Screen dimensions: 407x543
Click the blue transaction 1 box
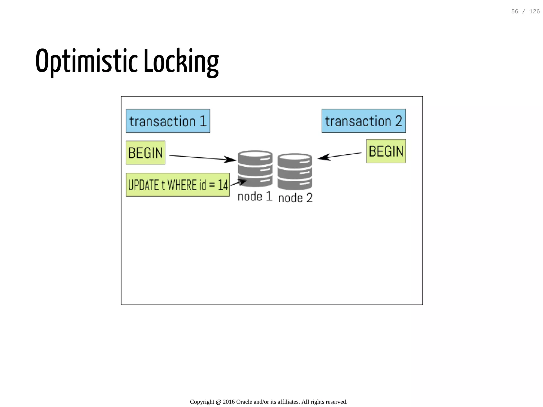(x=168, y=121)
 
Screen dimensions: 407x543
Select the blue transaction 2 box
(x=364, y=121)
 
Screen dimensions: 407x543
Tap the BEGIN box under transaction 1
(x=145, y=153)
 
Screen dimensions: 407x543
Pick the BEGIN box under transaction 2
(x=386, y=151)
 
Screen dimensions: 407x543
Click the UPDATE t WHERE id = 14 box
(x=178, y=185)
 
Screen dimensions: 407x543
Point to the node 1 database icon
(x=255, y=168)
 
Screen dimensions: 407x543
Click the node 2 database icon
(x=295, y=171)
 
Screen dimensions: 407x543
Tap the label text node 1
(x=255, y=196)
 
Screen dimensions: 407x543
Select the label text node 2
(x=295, y=198)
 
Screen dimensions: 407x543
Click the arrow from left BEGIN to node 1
(x=202, y=158)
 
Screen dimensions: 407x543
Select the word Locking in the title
(x=181, y=61)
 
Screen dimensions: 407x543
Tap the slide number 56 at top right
(x=515, y=11)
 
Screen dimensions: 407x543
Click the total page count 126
(x=534, y=11)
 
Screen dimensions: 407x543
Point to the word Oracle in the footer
(x=244, y=402)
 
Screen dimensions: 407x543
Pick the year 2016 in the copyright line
(x=229, y=402)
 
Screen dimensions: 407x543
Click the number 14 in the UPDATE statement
(x=223, y=185)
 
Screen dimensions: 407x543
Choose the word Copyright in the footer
(x=202, y=402)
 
